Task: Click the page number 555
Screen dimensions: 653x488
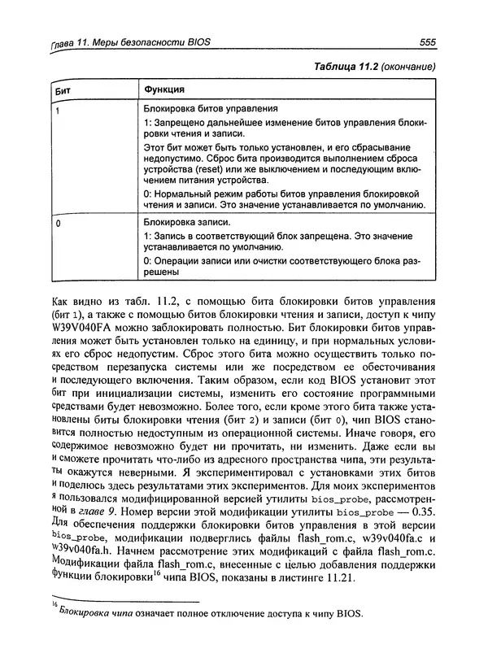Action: pyautogui.click(x=427, y=42)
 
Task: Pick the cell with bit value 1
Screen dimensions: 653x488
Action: pyautogui.click(x=56, y=109)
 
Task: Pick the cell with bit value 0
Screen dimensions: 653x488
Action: pyautogui.click(x=56, y=220)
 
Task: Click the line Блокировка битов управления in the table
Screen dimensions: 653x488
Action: pyautogui.click(x=211, y=108)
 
